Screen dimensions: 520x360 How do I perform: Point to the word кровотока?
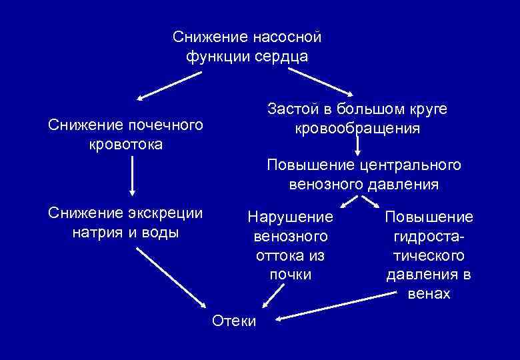(125, 144)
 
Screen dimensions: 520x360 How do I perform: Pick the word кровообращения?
(357, 128)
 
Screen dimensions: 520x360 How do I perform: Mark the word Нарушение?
(289, 217)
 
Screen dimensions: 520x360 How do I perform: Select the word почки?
(290, 274)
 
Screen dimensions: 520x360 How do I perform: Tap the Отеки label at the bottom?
(233, 321)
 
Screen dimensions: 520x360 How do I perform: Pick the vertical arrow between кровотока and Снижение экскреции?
(132, 176)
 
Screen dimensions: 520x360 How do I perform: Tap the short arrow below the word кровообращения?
(357, 145)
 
